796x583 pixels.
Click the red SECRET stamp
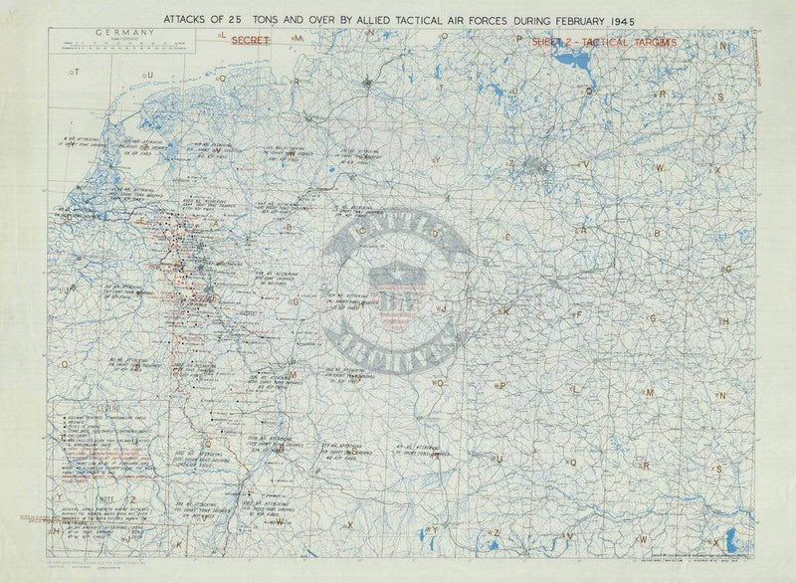[248, 41]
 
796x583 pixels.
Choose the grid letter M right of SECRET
[297, 37]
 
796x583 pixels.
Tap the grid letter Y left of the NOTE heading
[59, 494]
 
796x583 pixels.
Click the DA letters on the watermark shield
[385, 302]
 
